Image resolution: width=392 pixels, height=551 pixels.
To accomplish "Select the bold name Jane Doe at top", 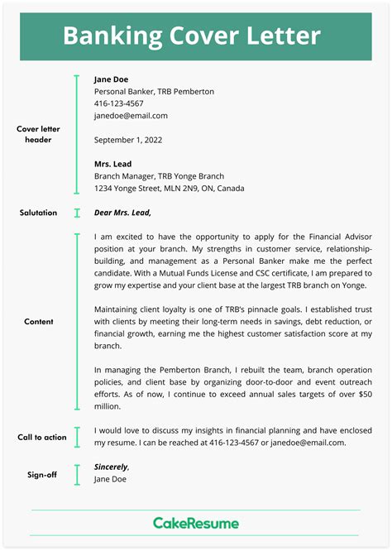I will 112,79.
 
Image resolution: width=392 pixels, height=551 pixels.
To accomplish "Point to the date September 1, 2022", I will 128,140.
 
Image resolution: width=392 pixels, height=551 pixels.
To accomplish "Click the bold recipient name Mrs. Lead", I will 113,164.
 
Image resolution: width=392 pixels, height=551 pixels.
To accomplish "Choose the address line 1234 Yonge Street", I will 170,188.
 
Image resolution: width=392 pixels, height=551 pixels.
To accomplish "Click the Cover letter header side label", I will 38,134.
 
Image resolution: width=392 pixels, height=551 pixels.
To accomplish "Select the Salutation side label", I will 38,213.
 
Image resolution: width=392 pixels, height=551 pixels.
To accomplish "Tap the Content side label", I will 39,322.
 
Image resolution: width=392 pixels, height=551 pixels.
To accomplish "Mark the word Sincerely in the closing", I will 111,467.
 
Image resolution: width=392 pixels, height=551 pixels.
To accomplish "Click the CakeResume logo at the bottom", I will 196,523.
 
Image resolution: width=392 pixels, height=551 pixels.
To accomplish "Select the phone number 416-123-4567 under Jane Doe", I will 119,103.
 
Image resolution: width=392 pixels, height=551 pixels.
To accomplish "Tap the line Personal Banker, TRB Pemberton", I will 154,92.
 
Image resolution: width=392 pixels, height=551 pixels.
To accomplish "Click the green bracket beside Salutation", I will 76,213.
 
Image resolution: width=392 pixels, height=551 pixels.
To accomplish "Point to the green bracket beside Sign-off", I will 76,473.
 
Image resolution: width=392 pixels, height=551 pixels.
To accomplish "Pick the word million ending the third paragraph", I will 108,406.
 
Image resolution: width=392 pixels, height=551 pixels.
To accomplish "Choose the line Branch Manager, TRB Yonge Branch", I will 159,176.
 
